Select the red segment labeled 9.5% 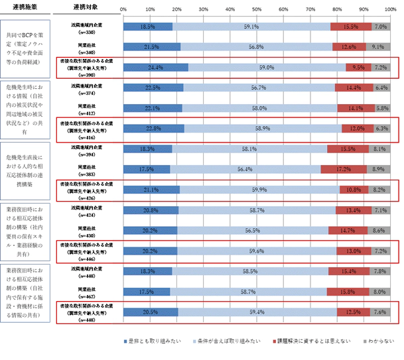click(x=358, y=67)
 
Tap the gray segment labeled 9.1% click(x=377, y=47)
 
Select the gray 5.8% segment click(x=382, y=108)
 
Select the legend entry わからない click(x=382, y=341)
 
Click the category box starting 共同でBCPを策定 click(x=28, y=46)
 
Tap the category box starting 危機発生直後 click(x=28, y=168)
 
